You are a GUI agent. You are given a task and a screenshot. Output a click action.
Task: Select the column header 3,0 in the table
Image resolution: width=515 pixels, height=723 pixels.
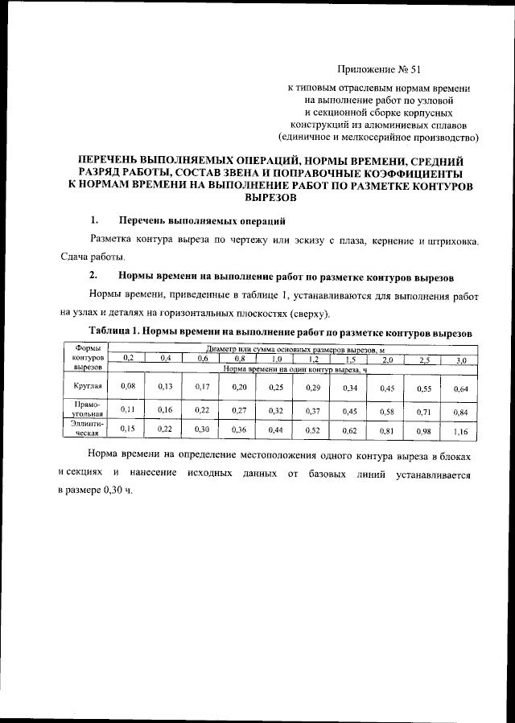(461, 360)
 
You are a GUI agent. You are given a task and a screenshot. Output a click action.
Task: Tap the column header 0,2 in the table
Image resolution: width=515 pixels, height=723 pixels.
(127, 357)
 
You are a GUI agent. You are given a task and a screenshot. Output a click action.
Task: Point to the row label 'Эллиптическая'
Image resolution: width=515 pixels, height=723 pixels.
(85, 427)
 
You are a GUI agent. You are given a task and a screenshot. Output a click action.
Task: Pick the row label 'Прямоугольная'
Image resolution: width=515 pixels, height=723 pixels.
(85, 409)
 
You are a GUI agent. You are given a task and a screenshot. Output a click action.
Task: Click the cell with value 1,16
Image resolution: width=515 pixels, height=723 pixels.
(460, 431)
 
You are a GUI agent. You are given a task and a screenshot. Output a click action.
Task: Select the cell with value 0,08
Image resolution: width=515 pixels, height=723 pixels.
(127, 387)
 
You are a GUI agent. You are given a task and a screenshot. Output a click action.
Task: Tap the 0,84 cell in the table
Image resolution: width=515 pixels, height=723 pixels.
(460, 412)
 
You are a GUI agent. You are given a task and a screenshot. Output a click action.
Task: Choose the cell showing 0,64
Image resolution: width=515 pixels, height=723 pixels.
(460, 389)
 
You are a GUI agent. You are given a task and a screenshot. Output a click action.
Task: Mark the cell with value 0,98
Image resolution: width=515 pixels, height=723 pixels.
(423, 431)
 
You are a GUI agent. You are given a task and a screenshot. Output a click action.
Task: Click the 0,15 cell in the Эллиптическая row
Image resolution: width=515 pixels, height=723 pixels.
(127, 429)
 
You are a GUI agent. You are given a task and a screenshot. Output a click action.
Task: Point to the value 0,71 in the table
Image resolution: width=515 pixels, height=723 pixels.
(423, 411)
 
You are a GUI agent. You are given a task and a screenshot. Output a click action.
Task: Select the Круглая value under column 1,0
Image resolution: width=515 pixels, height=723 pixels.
(276, 388)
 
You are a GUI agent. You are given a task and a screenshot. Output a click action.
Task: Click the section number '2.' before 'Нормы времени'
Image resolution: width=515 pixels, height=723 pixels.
(93, 276)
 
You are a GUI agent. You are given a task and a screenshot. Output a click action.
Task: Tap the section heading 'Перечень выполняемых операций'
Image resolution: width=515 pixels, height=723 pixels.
(201, 220)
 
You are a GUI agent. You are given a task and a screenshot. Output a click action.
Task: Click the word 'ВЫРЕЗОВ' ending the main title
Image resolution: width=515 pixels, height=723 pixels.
(270, 197)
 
